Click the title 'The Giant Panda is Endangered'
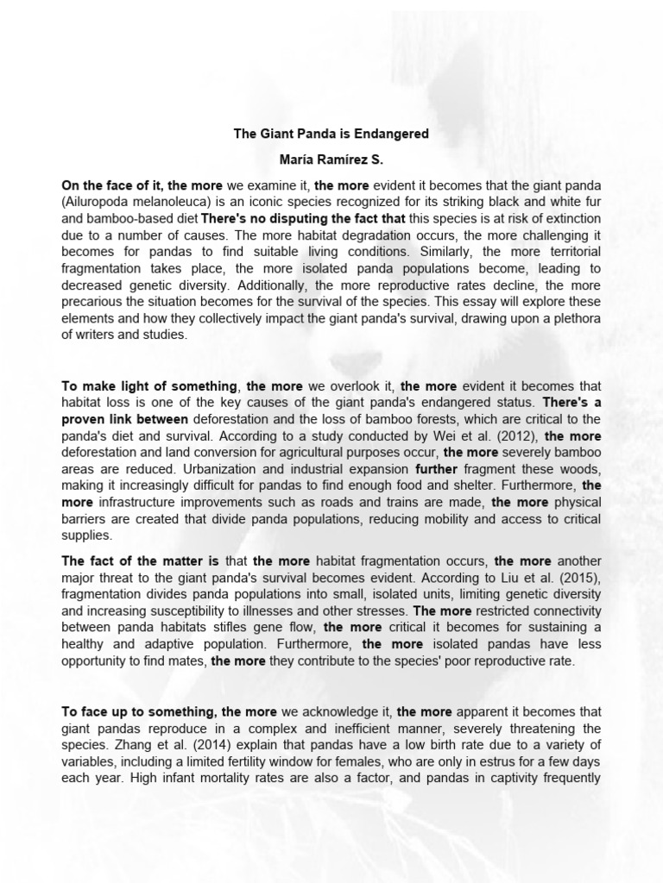(331, 135)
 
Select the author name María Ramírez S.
(331, 160)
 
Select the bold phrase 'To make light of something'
(149, 385)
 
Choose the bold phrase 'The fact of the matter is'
(141, 560)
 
